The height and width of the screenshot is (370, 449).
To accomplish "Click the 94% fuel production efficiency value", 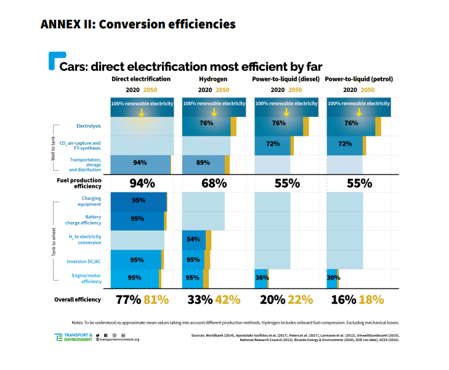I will pyautogui.click(x=142, y=183).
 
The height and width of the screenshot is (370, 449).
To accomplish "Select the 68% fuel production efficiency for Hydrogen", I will pyautogui.click(x=213, y=183).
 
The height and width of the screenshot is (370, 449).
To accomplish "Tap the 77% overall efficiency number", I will pyautogui.click(x=128, y=300).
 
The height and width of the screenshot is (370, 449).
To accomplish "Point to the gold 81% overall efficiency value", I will pyautogui.click(x=156, y=300).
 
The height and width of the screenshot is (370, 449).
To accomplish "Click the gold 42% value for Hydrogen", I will pyautogui.click(x=227, y=300).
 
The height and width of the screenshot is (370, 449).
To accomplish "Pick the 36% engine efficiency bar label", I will pyautogui.click(x=261, y=278).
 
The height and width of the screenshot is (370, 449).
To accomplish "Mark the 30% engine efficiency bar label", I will pyautogui.click(x=333, y=278).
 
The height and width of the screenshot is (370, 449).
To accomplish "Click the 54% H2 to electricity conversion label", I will pyautogui.click(x=193, y=239).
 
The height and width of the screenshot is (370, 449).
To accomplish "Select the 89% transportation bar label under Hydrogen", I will pyautogui.click(x=203, y=163).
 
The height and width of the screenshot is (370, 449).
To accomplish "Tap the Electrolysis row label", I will pyautogui.click(x=88, y=126).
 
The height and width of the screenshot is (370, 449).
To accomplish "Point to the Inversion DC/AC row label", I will pyautogui.click(x=84, y=261).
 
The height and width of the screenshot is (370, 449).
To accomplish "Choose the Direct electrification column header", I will pyautogui.click(x=141, y=80).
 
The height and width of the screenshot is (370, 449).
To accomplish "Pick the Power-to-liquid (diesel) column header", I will pyautogui.click(x=285, y=80).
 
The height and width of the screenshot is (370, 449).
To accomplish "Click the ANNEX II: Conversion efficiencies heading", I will pyautogui.click(x=137, y=25).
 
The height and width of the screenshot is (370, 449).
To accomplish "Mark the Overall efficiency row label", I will pyautogui.click(x=78, y=300).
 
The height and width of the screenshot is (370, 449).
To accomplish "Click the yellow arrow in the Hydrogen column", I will pyautogui.click(x=213, y=112).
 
